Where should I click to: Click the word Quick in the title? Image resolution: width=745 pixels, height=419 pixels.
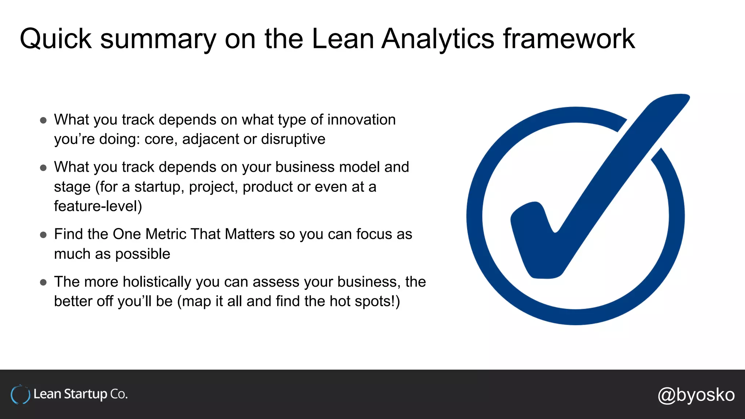tap(55, 39)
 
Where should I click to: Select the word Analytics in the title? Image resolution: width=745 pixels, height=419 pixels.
tap(438, 39)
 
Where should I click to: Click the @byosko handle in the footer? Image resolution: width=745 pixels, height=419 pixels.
tap(696, 395)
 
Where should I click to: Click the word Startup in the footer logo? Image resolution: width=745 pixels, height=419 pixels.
tap(85, 394)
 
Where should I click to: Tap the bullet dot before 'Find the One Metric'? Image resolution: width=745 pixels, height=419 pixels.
tap(43, 235)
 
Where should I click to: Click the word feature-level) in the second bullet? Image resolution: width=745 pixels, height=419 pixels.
tap(98, 206)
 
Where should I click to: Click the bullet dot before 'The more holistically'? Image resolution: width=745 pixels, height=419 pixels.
tap(43, 282)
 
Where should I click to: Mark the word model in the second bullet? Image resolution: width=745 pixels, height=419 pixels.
tap(359, 167)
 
